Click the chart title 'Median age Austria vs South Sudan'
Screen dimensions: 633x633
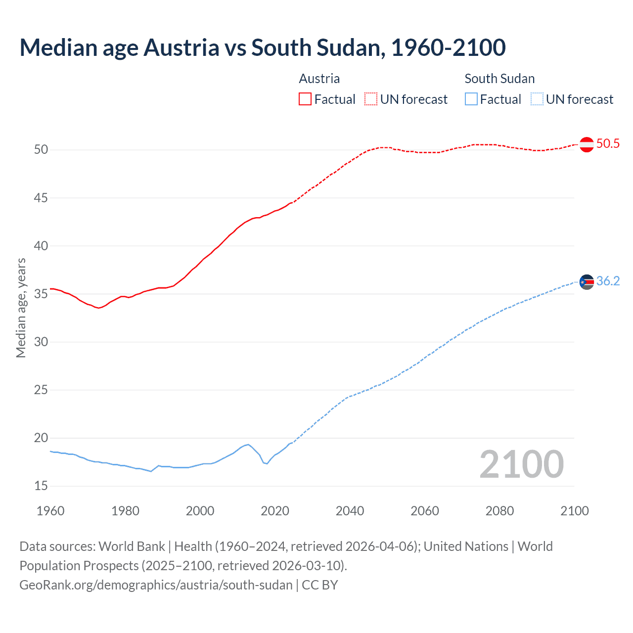pos(262,48)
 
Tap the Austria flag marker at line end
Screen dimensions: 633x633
pos(587,144)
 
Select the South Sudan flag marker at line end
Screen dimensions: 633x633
pos(587,282)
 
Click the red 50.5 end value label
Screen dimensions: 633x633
pos(608,144)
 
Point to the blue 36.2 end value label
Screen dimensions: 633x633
pos(608,281)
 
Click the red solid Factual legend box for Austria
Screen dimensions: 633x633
pos(305,99)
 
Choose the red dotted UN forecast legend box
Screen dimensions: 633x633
pos(371,99)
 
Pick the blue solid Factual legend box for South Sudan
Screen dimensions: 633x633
pos(471,99)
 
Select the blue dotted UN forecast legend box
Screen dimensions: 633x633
pos(537,99)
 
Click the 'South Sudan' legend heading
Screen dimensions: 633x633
pos(499,79)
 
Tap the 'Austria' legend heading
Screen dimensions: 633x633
pos(319,79)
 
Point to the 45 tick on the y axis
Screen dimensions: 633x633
pos(41,198)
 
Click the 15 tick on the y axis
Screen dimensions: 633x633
pos(41,486)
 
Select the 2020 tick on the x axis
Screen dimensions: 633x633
pos(275,511)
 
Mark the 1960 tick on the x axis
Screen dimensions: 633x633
pos(50,511)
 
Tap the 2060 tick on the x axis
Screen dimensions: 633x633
pos(425,511)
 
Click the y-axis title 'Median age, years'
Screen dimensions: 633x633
pos(21,308)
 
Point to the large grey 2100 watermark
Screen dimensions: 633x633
pos(521,464)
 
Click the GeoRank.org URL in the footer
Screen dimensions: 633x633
pos(156,585)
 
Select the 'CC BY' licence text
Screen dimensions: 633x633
pos(320,585)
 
